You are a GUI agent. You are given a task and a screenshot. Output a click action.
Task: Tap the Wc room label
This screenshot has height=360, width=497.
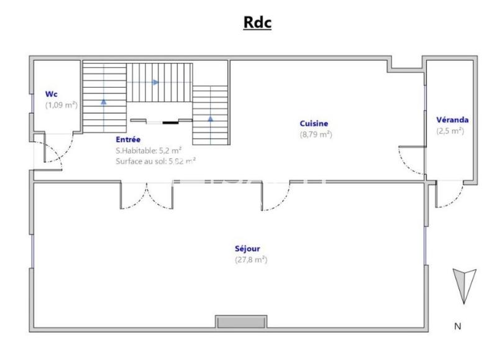[51, 94]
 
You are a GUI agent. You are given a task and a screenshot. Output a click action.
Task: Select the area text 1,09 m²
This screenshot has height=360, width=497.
[61, 105]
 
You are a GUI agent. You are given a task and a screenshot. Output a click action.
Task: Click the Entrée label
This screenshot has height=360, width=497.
[127, 140]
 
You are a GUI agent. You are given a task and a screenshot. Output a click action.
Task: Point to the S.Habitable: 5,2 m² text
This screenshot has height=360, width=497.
[148, 150]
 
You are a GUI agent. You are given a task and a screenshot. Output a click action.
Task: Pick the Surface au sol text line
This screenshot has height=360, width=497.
[155, 161]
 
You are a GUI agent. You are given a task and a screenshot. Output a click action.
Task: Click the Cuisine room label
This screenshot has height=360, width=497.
[314, 123]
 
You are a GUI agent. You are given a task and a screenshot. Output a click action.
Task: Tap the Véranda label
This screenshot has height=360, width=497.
[452, 119]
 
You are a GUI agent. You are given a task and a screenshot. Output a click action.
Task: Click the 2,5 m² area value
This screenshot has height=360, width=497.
[450, 131]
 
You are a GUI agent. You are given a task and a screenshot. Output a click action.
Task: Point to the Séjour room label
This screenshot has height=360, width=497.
[247, 249]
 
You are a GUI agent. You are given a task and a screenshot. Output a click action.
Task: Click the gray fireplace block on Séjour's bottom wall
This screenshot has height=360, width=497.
[241, 321]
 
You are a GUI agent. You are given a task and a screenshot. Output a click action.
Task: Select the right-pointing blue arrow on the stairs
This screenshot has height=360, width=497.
[156, 82]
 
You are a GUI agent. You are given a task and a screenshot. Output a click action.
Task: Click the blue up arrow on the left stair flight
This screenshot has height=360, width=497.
[104, 101]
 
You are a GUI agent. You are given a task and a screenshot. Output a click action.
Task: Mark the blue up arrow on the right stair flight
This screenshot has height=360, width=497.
[210, 118]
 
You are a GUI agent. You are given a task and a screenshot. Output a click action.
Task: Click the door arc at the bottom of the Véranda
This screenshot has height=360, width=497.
[450, 194]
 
